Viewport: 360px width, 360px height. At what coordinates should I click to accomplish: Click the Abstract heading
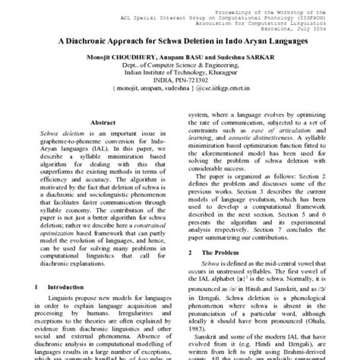pyautogui.click(x=103, y=122)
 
